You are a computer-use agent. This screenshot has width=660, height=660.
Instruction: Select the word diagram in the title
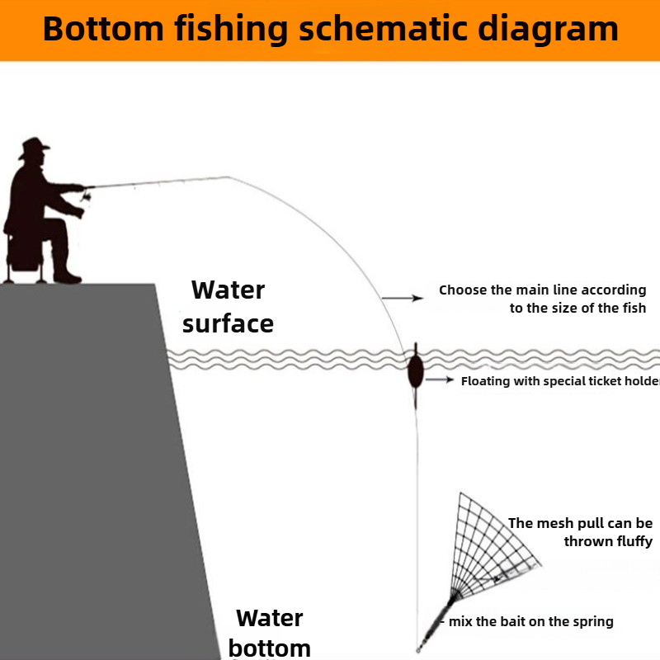pyautogui.click(x=550, y=29)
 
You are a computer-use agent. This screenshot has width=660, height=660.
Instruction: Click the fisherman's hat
pyautogui.click(x=33, y=148)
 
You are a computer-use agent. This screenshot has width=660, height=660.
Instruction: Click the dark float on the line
pyautogui.click(x=415, y=370)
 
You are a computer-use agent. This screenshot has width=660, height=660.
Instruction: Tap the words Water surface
pyautogui.click(x=228, y=306)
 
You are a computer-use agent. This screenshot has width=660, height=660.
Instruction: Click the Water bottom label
pyautogui.click(x=270, y=632)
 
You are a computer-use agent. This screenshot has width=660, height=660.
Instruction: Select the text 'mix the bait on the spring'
pyautogui.click(x=531, y=621)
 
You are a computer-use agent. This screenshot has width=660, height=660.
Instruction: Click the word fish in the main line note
pyautogui.click(x=632, y=308)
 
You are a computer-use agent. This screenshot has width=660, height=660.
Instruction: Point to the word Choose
pyautogui.click(x=464, y=290)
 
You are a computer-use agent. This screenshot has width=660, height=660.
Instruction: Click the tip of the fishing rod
pyautogui.click(x=228, y=177)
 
